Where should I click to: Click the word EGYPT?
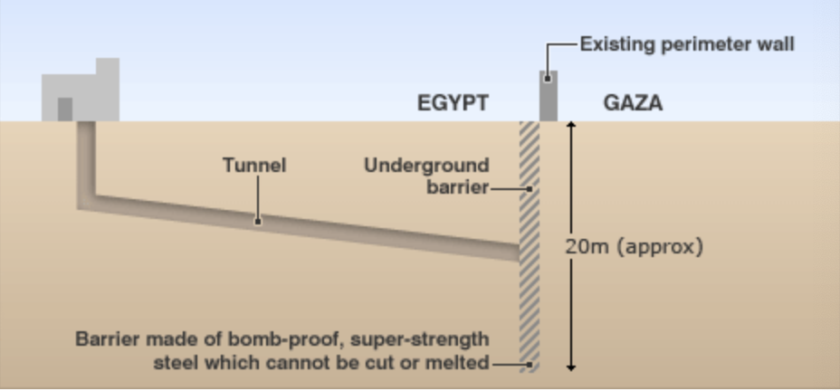[453, 103]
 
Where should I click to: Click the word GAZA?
[633, 103]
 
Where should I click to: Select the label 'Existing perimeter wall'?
[687, 43]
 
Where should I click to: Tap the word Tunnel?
[254, 166]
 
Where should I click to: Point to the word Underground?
[426, 166]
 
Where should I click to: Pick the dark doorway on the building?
[65, 109]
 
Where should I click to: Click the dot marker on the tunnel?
[258, 220]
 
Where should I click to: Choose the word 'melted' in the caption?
[457, 363]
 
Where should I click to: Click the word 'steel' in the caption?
[174, 363]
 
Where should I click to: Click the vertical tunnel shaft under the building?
[85, 158]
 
